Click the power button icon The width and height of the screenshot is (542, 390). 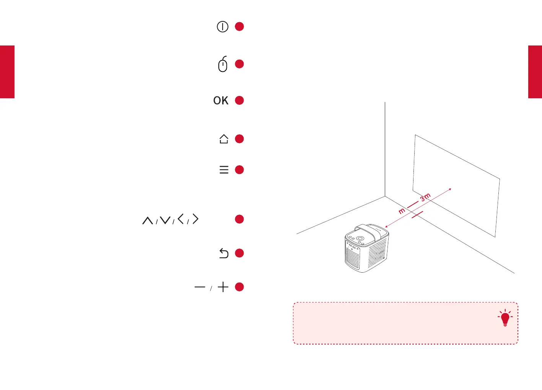click(222, 27)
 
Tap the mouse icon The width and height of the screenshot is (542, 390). click(223, 64)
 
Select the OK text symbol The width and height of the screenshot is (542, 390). click(221, 101)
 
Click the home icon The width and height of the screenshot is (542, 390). click(224, 139)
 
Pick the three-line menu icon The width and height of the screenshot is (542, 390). click(224, 170)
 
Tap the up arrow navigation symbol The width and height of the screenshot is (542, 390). click(148, 220)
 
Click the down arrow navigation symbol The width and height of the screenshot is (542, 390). click(165, 220)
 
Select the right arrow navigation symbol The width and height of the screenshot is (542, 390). click(195, 219)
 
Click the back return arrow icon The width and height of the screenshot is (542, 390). click(224, 253)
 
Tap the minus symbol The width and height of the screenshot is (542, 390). click(200, 287)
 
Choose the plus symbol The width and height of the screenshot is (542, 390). click(223, 287)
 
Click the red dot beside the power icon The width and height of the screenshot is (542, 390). click(239, 26)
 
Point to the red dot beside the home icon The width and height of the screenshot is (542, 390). click(239, 139)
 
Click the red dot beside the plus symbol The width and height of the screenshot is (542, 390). click(239, 287)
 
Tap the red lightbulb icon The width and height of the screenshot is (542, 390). click(505, 318)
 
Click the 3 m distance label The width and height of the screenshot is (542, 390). click(425, 197)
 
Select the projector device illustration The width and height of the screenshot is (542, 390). click(366, 249)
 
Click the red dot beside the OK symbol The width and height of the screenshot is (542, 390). click(239, 100)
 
